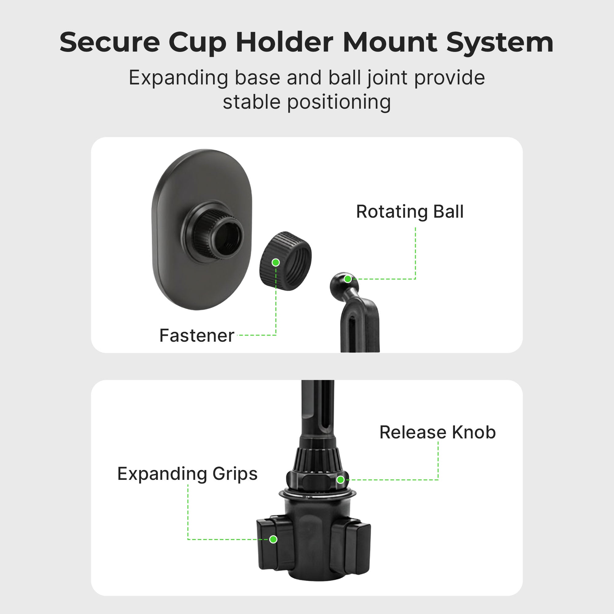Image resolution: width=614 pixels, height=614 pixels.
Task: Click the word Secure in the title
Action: point(110,43)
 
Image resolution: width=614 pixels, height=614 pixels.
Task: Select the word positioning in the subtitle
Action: point(339,102)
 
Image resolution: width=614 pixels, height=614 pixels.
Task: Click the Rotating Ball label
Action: point(410,212)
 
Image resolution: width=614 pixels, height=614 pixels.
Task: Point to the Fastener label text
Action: point(197,336)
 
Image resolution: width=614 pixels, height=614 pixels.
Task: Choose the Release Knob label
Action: point(437,432)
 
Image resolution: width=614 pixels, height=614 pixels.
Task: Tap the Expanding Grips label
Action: point(187,474)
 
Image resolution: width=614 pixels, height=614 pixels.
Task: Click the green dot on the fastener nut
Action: point(276,262)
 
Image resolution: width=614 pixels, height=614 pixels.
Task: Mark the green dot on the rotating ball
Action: point(348,279)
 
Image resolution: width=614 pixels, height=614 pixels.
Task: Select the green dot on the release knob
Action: point(340,480)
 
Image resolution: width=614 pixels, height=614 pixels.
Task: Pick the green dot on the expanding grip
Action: point(273,539)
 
